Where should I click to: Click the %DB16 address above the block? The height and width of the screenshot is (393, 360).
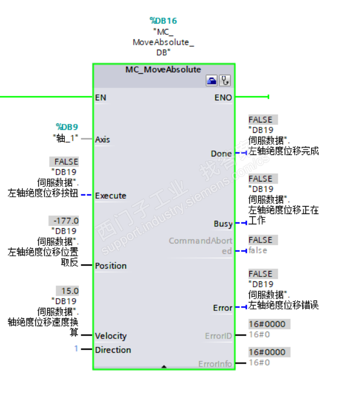pyautogui.click(x=163, y=21)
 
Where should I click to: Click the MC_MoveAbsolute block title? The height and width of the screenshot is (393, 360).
pyautogui.click(x=163, y=69)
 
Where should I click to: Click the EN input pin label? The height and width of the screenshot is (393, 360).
pyautogui.click(x=100, y=97)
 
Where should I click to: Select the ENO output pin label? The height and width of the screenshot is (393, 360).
pyautogui.click(x=223, y=97)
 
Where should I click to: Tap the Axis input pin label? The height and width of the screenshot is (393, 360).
pyautogui.click(x=102, y=139)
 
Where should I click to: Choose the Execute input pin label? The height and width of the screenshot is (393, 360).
pyautogui.click(x=110, y=195)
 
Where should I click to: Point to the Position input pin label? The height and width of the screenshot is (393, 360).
pyautogui.click(x=111, y=266)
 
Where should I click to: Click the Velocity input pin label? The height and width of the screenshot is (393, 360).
pyautogui.click(x=111, y=336)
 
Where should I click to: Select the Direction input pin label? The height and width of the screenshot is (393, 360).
pyautogui.click(x=113, y=350)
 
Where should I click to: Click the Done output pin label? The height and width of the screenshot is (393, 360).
pyautogui.click(x=221, y=153)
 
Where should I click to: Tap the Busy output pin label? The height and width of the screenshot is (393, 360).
pyautogui.click(x=223, y=223)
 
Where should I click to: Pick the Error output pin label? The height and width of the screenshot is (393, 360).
pyautogui.click(x=222, y=308)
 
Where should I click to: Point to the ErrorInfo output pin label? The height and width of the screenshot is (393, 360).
pyautogui.click(x=215, y=364)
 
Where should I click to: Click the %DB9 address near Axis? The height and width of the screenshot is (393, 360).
pyautogui.click(x=66, y=127)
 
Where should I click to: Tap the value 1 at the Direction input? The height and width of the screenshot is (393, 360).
pyautogui.click(x=76, y=349)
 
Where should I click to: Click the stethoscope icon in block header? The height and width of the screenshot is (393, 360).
pyautogui.click(x=225, y=81)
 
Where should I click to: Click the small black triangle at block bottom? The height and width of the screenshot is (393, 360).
pyautogui.click(x=164, y=366)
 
